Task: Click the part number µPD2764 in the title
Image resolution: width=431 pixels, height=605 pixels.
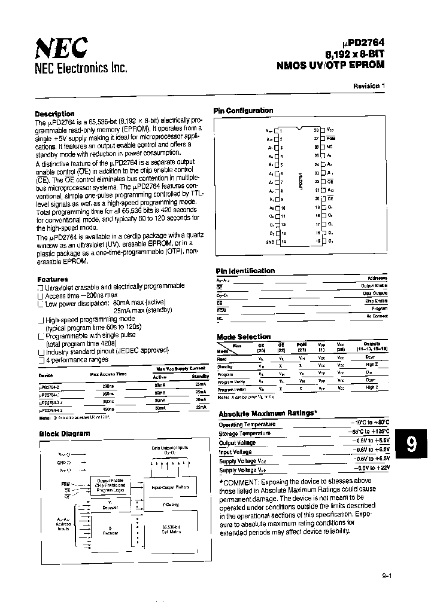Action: coord(360,43)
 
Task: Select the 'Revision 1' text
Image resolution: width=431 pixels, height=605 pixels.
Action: coord(369,86)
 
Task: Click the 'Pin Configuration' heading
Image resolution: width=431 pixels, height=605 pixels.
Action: coord(243,111)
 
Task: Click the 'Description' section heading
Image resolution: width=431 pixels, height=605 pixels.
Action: coord(54,114)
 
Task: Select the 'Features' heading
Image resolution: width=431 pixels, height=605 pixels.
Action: coord(53,279)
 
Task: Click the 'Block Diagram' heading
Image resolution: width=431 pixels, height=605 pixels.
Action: coord(65,433)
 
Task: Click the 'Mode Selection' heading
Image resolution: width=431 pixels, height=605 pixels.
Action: coord(243,337)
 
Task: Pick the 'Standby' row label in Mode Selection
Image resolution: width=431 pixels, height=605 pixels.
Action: coord(225,366)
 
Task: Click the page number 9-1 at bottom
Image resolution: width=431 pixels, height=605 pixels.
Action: coord(386,577)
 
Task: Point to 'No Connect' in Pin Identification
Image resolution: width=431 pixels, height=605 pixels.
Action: coord(376,316)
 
